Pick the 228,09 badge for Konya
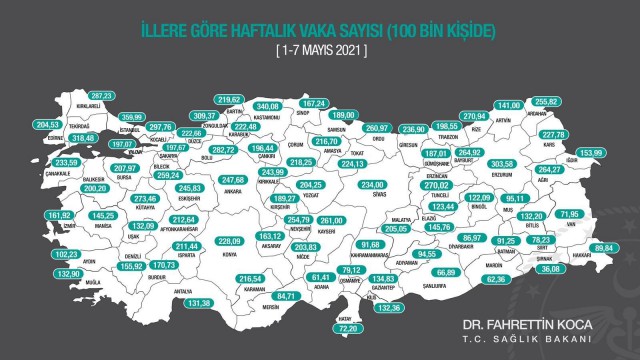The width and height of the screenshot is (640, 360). [231, 240]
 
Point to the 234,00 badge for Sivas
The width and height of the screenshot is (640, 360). [372, 184]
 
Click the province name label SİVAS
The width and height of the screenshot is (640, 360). [372, 198]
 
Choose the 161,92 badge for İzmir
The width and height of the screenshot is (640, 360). [60, 214]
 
